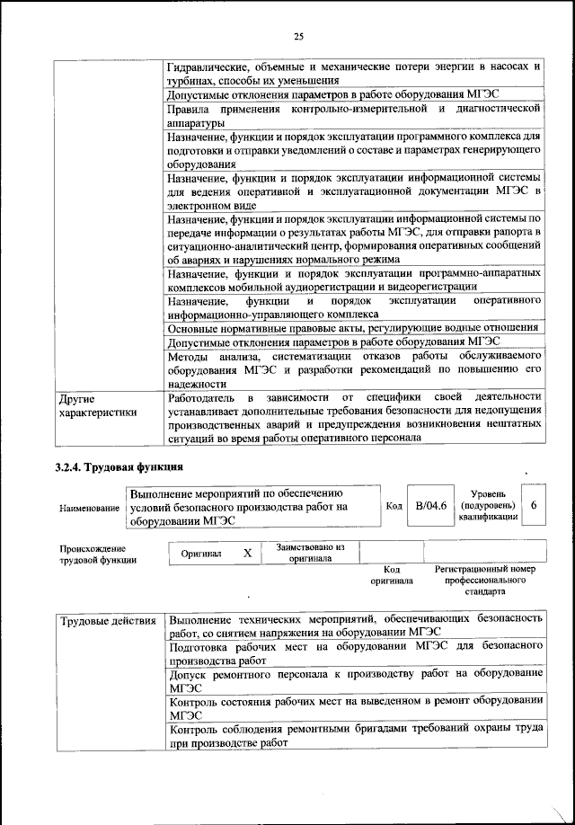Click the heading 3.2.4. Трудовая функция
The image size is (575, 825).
coord(119,466)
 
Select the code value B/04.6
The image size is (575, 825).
coord(430,507)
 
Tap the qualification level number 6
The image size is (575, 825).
coord(534,506)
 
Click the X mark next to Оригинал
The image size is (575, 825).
coord(247,554)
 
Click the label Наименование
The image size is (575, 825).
coord(90,509)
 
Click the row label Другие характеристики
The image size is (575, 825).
coord(97,404)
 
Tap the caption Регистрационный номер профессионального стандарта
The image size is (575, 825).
coord(485,581)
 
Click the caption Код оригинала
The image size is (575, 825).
coord(391,575)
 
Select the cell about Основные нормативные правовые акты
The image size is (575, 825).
coord(354,329)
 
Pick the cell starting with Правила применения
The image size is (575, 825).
coord(354,115)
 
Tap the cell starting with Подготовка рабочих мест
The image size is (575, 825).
coord(354,653)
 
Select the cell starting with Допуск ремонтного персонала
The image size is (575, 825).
coord(354,680)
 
